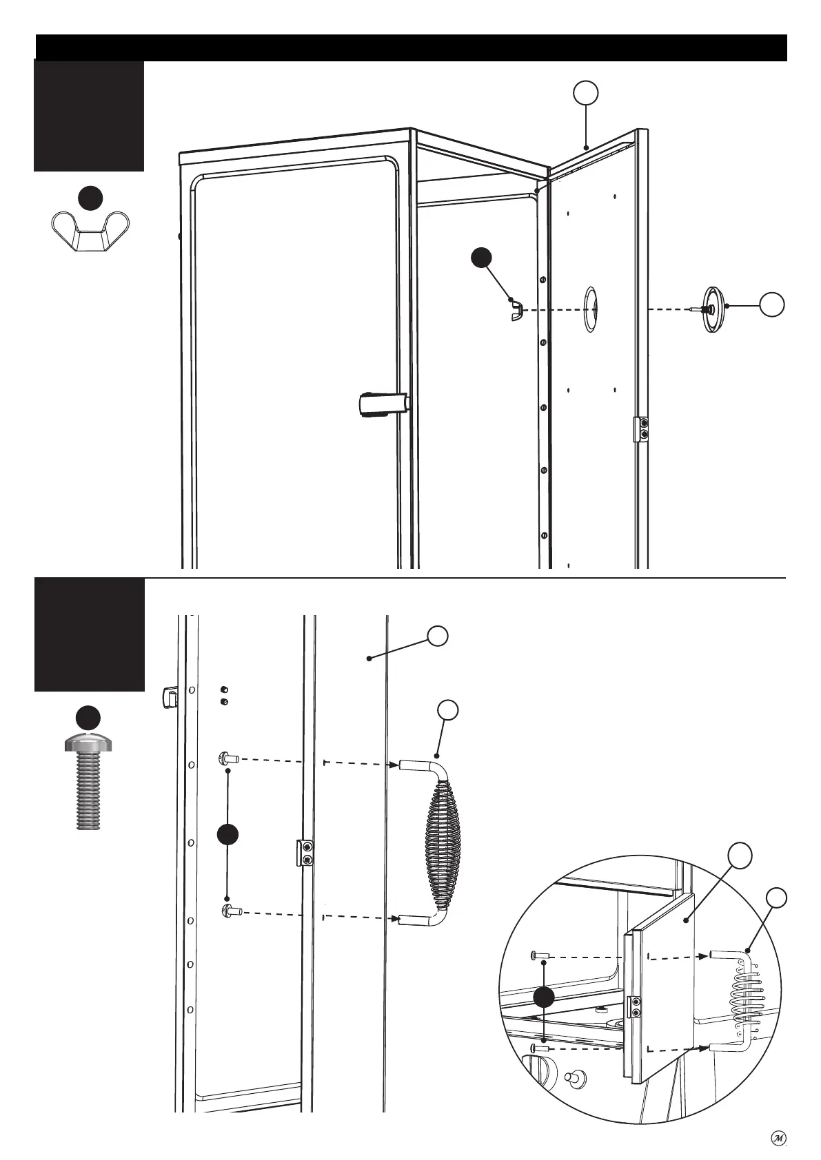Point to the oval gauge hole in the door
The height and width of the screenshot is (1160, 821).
591,309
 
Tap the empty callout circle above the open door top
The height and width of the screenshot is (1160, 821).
585,94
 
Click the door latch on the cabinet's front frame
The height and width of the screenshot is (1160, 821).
383,404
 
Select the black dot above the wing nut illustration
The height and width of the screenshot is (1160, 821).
90,197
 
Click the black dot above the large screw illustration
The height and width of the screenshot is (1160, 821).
88,717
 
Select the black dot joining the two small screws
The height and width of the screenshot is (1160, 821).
228,834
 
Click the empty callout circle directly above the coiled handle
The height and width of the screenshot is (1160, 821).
448,711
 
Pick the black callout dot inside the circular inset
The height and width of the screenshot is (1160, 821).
545,997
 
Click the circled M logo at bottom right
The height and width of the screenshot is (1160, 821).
778,1139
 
